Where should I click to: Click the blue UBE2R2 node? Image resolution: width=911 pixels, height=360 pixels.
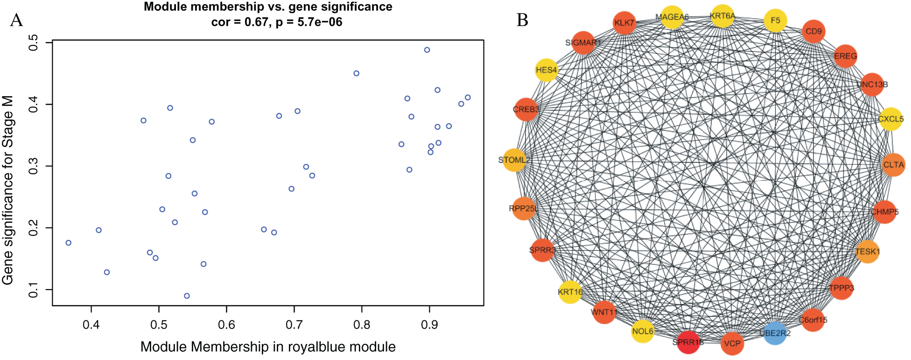[x=775, y=333]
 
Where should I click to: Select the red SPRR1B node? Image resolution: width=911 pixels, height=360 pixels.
[x=688, y=342]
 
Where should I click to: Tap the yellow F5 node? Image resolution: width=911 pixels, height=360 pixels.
[x=775, y=21]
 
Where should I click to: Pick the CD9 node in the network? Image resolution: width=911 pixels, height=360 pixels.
[x=813, y=31]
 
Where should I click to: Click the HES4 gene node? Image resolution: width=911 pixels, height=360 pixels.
[x=546, y=70]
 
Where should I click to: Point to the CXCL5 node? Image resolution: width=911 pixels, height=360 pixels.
[x=890, y=119]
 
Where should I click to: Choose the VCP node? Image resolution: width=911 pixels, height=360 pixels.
[x=732, y=344]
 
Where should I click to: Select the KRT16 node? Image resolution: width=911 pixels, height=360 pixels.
[x=570, y=292]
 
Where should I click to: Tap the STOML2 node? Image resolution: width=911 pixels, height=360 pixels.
[x=514, y=160]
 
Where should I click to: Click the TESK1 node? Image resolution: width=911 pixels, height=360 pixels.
[x=867, y=252]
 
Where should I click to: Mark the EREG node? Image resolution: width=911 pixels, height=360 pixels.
[x=845, y=56]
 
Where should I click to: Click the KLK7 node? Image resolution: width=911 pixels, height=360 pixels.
[x=624, y=23]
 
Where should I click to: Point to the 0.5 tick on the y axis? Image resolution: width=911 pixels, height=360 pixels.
[x=34, y=43]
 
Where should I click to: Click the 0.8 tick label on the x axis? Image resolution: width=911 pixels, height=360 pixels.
[x=362, y=325]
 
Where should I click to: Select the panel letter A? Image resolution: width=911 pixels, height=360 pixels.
[x=16, y=21]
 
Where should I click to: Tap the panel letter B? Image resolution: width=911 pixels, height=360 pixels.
[x=522, y=21]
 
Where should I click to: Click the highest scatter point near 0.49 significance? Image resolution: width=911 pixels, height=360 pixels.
[x=427, y=50]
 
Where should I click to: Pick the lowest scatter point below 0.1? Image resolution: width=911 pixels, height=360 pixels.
[x=187, y=296]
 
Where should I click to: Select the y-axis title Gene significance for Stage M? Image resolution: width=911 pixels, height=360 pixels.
[x=8, y=190]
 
